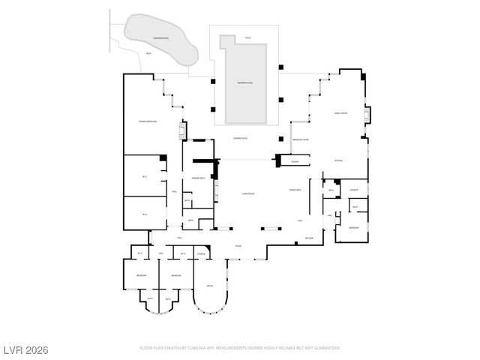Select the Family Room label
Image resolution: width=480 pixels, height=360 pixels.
340,113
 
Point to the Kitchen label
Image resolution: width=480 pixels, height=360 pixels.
338,160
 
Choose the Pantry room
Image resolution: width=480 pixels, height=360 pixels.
295,160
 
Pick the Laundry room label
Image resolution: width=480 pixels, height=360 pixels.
354,190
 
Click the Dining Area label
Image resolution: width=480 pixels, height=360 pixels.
295,190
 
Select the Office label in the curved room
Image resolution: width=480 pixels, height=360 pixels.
211,286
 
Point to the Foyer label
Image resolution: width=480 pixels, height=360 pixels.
238,246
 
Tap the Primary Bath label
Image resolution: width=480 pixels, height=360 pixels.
199,178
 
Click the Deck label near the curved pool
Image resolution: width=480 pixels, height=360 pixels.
148,53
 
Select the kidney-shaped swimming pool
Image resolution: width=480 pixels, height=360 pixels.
160,37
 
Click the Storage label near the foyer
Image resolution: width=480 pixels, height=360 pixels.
202,255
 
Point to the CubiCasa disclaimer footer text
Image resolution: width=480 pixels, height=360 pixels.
240,348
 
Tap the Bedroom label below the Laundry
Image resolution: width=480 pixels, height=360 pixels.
353,227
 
